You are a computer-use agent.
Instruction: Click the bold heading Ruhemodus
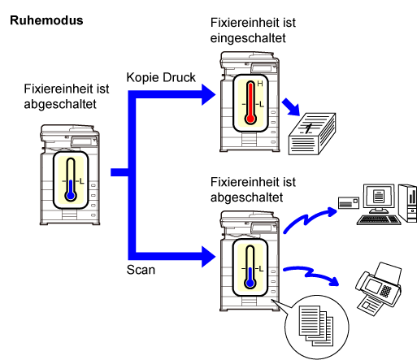click(46, 20)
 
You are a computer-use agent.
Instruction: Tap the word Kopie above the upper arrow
click(142, 78)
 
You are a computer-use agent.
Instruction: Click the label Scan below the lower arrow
click(141, 270)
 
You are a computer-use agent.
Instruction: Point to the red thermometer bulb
click(250, 119)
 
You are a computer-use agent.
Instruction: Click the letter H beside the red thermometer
click(260, 84)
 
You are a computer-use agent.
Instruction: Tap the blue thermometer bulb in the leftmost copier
click(71, 195)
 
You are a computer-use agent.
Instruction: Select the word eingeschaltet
click(248, 38)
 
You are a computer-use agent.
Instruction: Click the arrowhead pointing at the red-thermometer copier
click(209, 94)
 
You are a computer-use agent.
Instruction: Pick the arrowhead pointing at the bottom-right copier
click(209, 257)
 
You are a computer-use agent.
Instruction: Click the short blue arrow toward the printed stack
click(291, 107)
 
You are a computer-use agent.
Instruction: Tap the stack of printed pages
click(312, 134)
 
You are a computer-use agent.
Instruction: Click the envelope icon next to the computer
click(349, 202)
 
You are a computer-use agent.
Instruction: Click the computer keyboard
click(379, 219)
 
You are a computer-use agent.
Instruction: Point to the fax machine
click(378, 288)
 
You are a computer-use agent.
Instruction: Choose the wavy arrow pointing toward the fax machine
click(311, 274)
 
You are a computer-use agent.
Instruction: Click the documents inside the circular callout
click(316, 326)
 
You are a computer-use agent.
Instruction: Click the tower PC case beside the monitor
click(408, 203)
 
